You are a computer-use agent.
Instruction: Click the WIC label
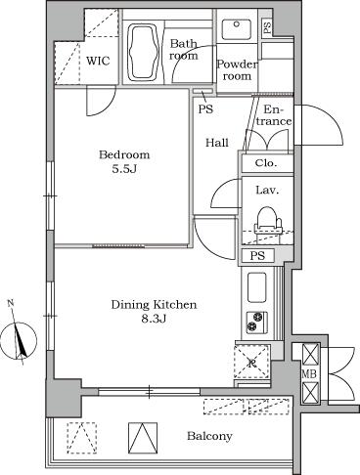98,61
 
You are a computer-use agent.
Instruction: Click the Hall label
217,143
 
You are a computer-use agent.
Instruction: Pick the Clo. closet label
265,164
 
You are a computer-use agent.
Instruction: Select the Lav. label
267,191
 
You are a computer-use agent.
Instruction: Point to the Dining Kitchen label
155,305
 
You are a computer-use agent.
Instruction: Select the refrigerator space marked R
252,363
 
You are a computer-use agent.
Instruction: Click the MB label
309,373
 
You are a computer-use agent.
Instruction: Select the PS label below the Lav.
256,257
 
